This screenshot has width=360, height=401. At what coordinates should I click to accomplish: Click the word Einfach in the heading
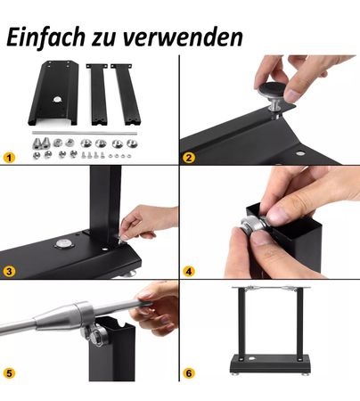(x=46, y=37)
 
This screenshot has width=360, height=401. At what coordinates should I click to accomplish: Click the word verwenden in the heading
(x=182, y=37)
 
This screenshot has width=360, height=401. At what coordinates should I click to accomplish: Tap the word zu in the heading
(x=103, y=39)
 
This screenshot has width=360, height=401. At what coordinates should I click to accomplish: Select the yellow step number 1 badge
(x=10, y=158)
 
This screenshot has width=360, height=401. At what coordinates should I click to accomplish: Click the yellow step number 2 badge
(x=189, y=158)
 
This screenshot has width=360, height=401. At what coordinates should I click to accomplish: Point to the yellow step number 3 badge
(x=10, y=271)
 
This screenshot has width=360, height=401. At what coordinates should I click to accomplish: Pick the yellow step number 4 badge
(x=189, y=271)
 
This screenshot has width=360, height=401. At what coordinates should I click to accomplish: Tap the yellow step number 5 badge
(x=10, y=372)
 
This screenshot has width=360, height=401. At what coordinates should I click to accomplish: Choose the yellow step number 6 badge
(x=189, y=372)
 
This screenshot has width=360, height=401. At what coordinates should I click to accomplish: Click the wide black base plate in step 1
(x=53, y=93)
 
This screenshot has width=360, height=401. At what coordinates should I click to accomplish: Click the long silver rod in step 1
(x=85, y=133)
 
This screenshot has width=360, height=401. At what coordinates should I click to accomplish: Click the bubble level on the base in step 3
(x=64, y=244)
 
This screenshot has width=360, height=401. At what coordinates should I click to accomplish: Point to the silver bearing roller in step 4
(x=251, y=225)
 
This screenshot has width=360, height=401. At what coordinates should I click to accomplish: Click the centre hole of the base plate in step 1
(x=56, y=99)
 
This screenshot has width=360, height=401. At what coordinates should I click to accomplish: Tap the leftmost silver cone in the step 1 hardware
(x=37, y=143)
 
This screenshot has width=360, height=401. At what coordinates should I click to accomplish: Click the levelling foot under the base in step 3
(x=130, y=273)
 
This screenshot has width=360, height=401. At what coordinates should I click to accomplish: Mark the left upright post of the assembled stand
(x=241, y=323)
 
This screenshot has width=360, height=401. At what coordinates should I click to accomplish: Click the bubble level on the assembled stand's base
(x=252, y=359)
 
